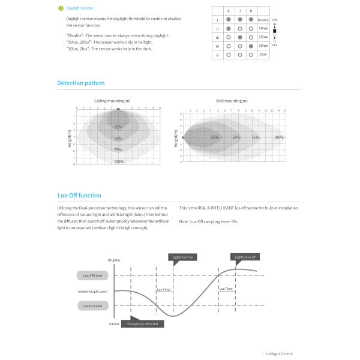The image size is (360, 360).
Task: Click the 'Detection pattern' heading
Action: tap(81, 83)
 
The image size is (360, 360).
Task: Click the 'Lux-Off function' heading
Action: tap(79, 196)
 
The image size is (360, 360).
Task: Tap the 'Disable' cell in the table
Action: tap(263, 20)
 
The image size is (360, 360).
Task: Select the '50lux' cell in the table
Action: tap(263, 28)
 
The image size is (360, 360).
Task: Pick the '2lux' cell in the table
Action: tap(263, 55)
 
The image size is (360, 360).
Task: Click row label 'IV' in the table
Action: tap(217, 46)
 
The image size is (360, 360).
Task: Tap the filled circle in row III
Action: tap(240, 37)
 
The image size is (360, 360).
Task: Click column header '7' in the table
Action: tap(240, 11)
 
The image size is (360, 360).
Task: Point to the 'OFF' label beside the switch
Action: tap(275, 45)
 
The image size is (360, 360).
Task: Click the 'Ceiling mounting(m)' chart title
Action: tap(112, 101)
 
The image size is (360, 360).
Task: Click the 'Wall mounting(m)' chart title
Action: tap(232, 101)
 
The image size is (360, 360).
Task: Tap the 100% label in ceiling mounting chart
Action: tap(119, 161)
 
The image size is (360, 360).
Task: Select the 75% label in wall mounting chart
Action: tap(255, 138)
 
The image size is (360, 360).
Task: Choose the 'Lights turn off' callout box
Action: tap(245, 257)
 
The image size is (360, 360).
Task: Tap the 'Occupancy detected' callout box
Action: tap(142, 323)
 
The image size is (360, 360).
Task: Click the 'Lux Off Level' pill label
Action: tap(92, 276)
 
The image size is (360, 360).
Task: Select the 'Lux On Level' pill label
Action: tap(92, 306)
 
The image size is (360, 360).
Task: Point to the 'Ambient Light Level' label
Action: tap(92, 291)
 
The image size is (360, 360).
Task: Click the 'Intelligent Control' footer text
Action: tap(280, 354)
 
